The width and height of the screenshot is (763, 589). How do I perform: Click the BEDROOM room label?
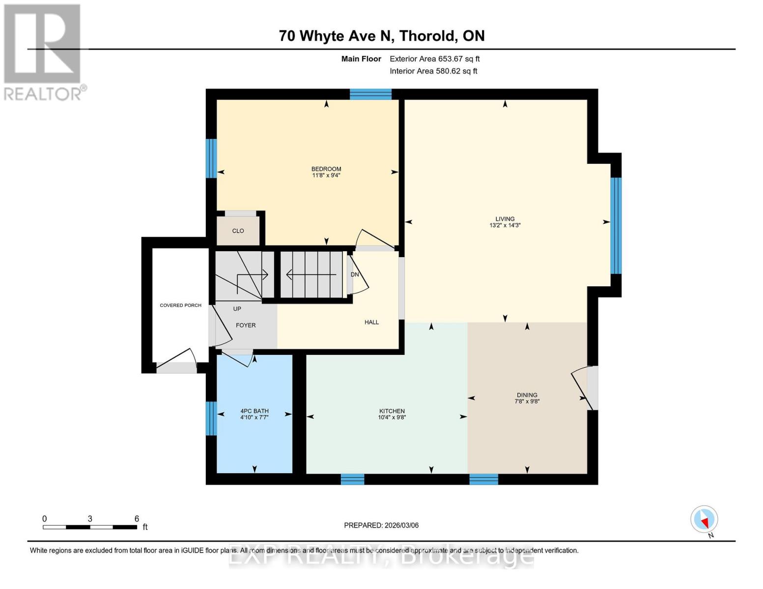point(326,169)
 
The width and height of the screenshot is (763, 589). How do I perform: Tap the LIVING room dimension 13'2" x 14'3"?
point(505,226)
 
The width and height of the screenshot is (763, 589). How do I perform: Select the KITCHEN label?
point(392,411)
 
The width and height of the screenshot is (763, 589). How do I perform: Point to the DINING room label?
point(527,395)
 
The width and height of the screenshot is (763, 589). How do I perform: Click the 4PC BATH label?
point(254,411)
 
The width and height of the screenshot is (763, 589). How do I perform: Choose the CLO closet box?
point(238,231)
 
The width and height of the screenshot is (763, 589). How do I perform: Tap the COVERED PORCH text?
point(180,305)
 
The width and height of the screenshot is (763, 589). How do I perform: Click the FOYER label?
point(246,325)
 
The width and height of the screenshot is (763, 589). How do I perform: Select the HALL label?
point(371,322)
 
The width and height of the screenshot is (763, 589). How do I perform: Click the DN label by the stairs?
point(354,274)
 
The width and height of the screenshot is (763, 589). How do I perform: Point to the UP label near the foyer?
point(237,309)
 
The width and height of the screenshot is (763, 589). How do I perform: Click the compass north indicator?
point(704,519)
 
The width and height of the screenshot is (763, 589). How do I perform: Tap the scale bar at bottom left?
point(90,527)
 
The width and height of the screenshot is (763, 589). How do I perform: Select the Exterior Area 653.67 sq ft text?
point(434,59)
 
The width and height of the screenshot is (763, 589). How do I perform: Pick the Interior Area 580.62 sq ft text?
point(433,71)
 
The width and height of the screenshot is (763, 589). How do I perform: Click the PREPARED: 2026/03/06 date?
point(381,525)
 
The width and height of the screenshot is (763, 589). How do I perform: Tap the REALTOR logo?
point(43,52)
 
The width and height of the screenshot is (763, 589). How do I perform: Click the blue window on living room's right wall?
point(616,225)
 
